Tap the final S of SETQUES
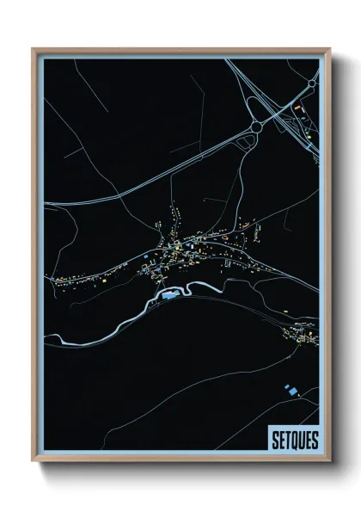coord(314,440)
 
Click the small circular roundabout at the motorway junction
coord(255,126)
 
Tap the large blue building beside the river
coord(168,294)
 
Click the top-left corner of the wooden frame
coord(33,49)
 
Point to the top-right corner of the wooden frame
coord(329,49)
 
